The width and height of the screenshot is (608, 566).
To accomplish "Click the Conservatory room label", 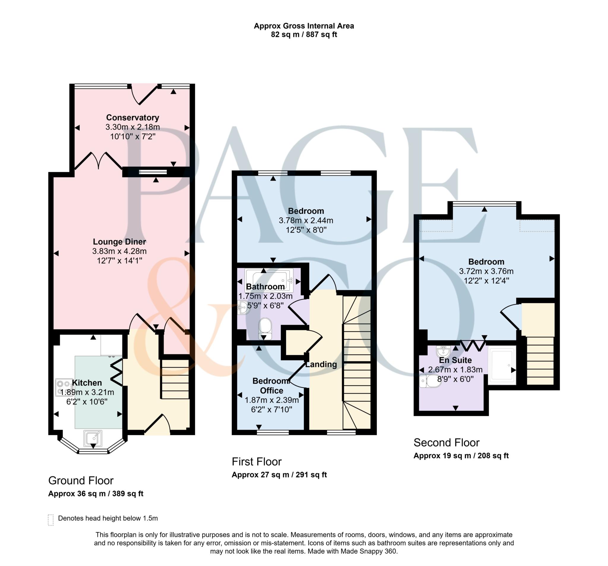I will point(132,118).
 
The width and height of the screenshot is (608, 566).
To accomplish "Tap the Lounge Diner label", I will point(119,242).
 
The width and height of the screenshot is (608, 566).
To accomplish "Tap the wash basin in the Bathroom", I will point(244,307).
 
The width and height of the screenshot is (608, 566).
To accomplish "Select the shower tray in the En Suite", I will point(501,365).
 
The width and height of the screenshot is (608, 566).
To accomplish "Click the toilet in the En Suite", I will point(430,381).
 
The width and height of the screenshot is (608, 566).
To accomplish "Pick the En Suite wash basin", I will point(443,351).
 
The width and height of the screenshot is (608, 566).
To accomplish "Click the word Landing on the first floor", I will point(321,364).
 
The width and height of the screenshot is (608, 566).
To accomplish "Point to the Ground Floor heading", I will point(81,481).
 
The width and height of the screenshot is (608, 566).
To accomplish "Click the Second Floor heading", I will point(446,443).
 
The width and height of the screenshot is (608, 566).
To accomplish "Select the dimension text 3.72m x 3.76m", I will point(486,271).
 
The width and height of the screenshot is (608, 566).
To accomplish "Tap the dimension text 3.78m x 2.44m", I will point(306,221).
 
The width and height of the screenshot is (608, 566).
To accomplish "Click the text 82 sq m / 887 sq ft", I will point(304,34).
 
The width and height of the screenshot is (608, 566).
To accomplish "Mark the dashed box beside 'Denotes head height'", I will point(51,519).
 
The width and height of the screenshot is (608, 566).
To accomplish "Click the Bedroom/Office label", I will point(271,386).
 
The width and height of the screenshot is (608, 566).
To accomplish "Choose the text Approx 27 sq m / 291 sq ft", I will point(279,475).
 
